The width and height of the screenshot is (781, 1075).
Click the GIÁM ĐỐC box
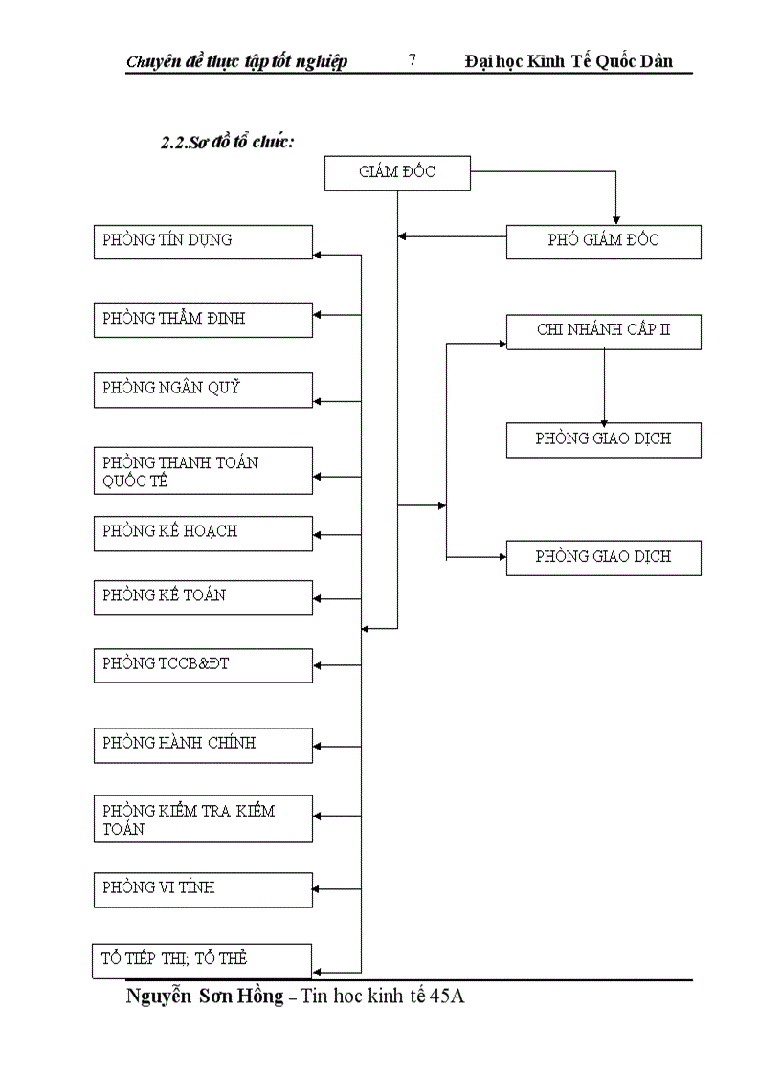point(397,173)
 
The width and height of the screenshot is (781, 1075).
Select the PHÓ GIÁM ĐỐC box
point(603,241)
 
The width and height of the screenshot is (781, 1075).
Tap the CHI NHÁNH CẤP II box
point(603,331)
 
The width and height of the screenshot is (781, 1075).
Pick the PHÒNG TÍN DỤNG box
point(203,241)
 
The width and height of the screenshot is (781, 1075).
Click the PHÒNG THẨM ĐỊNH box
point(203,320)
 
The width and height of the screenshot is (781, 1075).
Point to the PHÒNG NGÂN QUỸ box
point(203,390)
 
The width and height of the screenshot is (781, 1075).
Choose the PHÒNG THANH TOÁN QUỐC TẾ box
point(203,471)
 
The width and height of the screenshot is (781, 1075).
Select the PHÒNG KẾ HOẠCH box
point(203,533)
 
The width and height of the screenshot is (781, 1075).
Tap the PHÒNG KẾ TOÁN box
point(203,596)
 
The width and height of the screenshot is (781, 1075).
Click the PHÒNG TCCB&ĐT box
point(203,664)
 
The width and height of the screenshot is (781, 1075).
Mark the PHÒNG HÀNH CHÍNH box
point(203,745)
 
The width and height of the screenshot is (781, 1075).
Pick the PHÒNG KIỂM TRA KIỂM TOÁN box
point(203,818)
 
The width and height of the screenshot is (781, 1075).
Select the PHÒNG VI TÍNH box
point(203,889)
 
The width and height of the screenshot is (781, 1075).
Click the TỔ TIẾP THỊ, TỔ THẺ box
point(203,960)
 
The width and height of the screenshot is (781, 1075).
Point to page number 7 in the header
point(412,60)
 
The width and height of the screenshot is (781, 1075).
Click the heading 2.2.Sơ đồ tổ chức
point(226,142)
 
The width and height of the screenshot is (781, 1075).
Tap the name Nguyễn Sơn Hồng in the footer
point(204,997)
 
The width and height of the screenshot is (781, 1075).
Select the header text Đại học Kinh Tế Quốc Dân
point(569,61)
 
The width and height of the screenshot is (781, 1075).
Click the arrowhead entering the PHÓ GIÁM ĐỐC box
point(616,219)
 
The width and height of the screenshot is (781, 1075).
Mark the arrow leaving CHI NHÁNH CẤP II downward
point(604,388)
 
